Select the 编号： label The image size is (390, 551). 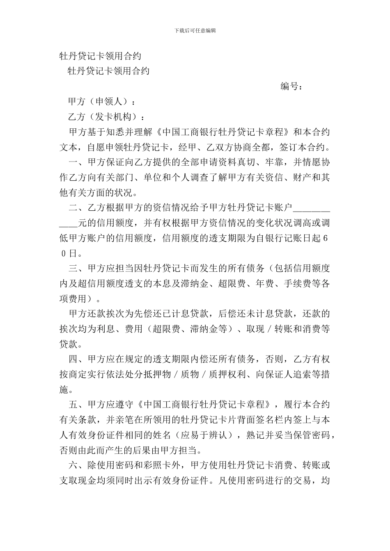pyautogui.click(x=292, y=87)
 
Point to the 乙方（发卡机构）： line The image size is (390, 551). pyautogui.click(x=106, y=117)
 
